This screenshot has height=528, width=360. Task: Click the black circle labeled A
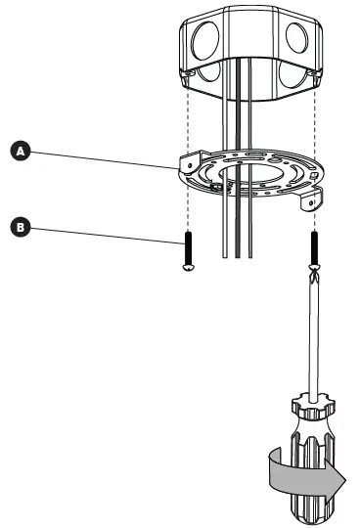point(17,152)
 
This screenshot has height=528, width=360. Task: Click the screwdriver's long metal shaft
point(312,332)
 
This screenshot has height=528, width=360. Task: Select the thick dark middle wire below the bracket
point(238,230)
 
